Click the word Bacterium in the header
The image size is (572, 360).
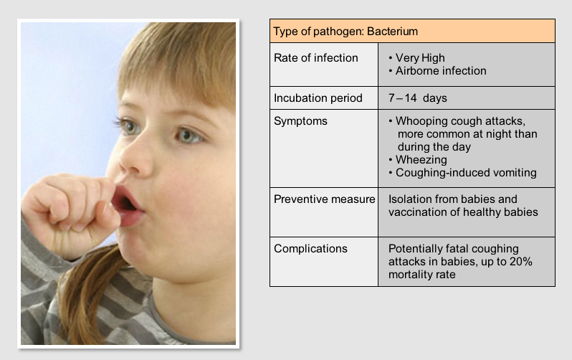pyautogui.click(x=392, y=32)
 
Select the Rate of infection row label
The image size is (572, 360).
pyautogui.click(x=316, y=57)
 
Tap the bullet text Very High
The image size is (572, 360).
pyautogui.click(x=420, y=57)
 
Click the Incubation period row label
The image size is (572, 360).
pyautogui.click(x=318, y=98)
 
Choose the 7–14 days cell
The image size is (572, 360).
pyautogui.click(x=418, y=98)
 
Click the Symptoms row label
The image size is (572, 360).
pyautogui.click(x=300, y=121)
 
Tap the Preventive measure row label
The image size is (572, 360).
pyautogui.click(x=324, y=199)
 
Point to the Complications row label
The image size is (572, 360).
pyautogui.click(x=310, y=248)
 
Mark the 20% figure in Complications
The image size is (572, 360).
pyautogui.click(x=520, y=262)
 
